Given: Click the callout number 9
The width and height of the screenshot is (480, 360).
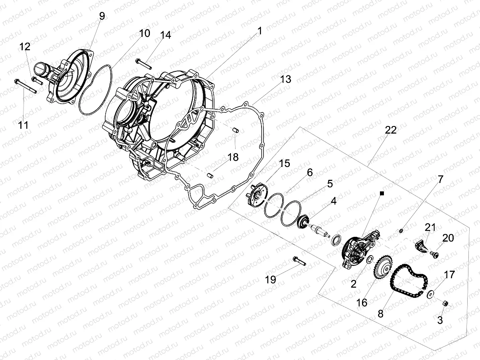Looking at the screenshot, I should pyautogui.click(x=102, y=16).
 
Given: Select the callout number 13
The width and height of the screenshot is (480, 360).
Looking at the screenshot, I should pyautogui.click(x=285, y=79).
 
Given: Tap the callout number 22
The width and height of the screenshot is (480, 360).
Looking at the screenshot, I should pyautogui.click(x=391, y=130).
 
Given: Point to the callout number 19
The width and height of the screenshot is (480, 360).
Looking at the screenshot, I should pyautogui.click(x=270, y=279).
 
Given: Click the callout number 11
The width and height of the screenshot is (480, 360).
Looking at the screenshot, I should pyautogui.click(x=24, y=125).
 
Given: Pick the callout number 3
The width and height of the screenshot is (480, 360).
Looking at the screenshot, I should pyautogui.click(x=440, y=320).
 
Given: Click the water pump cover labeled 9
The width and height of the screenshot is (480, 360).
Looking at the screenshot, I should pyautogui.click(x=70, y=76).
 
